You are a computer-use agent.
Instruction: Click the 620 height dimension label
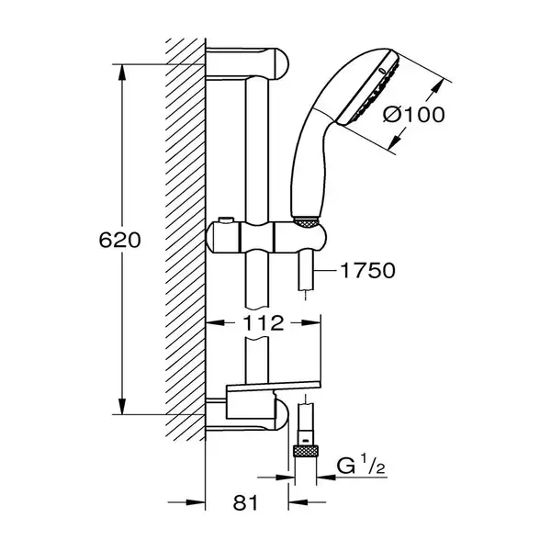point(119,241)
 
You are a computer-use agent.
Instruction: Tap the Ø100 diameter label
point(413,115)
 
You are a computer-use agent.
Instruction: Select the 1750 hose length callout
point(368,271)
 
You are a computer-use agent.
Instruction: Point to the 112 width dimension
point(264,323)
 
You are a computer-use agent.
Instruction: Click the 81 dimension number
point(245,502)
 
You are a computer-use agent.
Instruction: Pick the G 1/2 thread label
point(361,466)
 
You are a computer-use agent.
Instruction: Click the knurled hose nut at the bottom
point(306,451)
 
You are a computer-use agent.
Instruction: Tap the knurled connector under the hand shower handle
point(305,221)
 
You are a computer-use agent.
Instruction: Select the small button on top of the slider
point(225,220)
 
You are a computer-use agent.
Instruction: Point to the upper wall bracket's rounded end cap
point(279,64)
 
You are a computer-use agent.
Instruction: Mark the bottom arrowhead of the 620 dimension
point(122,406)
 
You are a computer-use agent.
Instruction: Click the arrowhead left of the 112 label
point(215,322)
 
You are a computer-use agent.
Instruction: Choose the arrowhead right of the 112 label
point(311,322)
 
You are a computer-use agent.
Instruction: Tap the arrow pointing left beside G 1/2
point(326,478)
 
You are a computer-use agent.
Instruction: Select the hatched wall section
point(186,239)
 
